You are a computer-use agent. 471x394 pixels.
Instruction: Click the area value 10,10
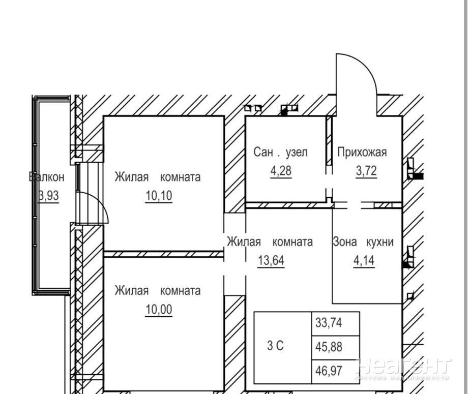point(158,196)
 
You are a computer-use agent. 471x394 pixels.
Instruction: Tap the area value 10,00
point(158,309)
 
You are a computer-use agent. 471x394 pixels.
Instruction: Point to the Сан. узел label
point(281,152)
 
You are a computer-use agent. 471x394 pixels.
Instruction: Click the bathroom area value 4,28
point(281,170)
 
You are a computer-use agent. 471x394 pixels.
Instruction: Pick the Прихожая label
point(362,152)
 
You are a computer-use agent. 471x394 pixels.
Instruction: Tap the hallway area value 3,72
point(366,170)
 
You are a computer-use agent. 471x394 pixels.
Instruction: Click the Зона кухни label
point(363,242)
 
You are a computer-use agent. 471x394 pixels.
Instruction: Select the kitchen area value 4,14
point(364,261)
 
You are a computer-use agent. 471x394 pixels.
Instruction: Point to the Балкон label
point(47,177)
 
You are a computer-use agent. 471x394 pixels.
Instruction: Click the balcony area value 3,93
point(49,196)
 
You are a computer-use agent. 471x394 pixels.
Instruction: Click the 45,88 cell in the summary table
point(329,348)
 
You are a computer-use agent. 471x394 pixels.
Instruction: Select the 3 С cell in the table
point(275,346)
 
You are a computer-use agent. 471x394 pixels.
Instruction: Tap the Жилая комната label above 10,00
point(157,291)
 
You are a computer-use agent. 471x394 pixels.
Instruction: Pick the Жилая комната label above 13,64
point(270,242)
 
